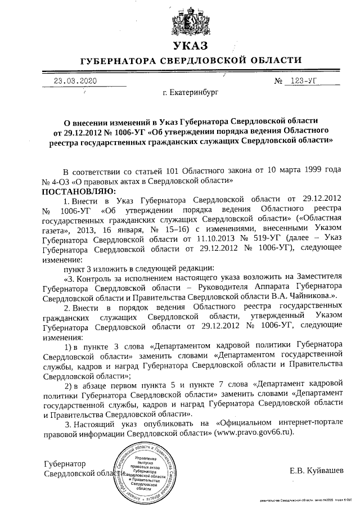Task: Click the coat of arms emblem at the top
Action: (x=190, y=21)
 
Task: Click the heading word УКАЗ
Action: (x=190, y=46)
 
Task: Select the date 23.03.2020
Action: (x=75, y=80)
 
